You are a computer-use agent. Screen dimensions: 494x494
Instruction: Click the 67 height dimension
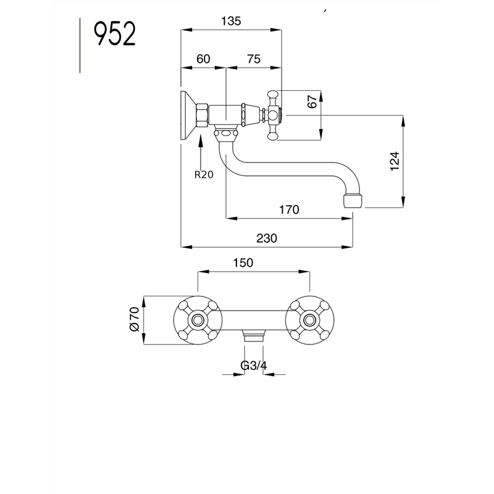click(x=312, y=102)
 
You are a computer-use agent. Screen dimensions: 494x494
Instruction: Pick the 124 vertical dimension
click(x=396, y=161)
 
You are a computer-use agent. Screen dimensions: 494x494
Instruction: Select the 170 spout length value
click(x=289, y=209)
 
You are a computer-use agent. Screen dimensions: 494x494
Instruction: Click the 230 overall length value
click(x=267, y=238)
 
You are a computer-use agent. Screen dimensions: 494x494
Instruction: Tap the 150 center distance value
click(x=243, y=263)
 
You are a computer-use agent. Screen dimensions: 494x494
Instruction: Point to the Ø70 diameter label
click(x=133, y=320)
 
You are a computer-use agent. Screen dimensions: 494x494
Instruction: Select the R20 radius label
click(x=203, y=175)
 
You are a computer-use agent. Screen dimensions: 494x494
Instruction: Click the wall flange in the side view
click(x=186, y=115)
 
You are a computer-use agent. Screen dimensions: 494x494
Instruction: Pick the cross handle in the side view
click(x=273, y=115)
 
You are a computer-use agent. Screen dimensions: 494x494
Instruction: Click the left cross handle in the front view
click(x=198, y=320)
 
